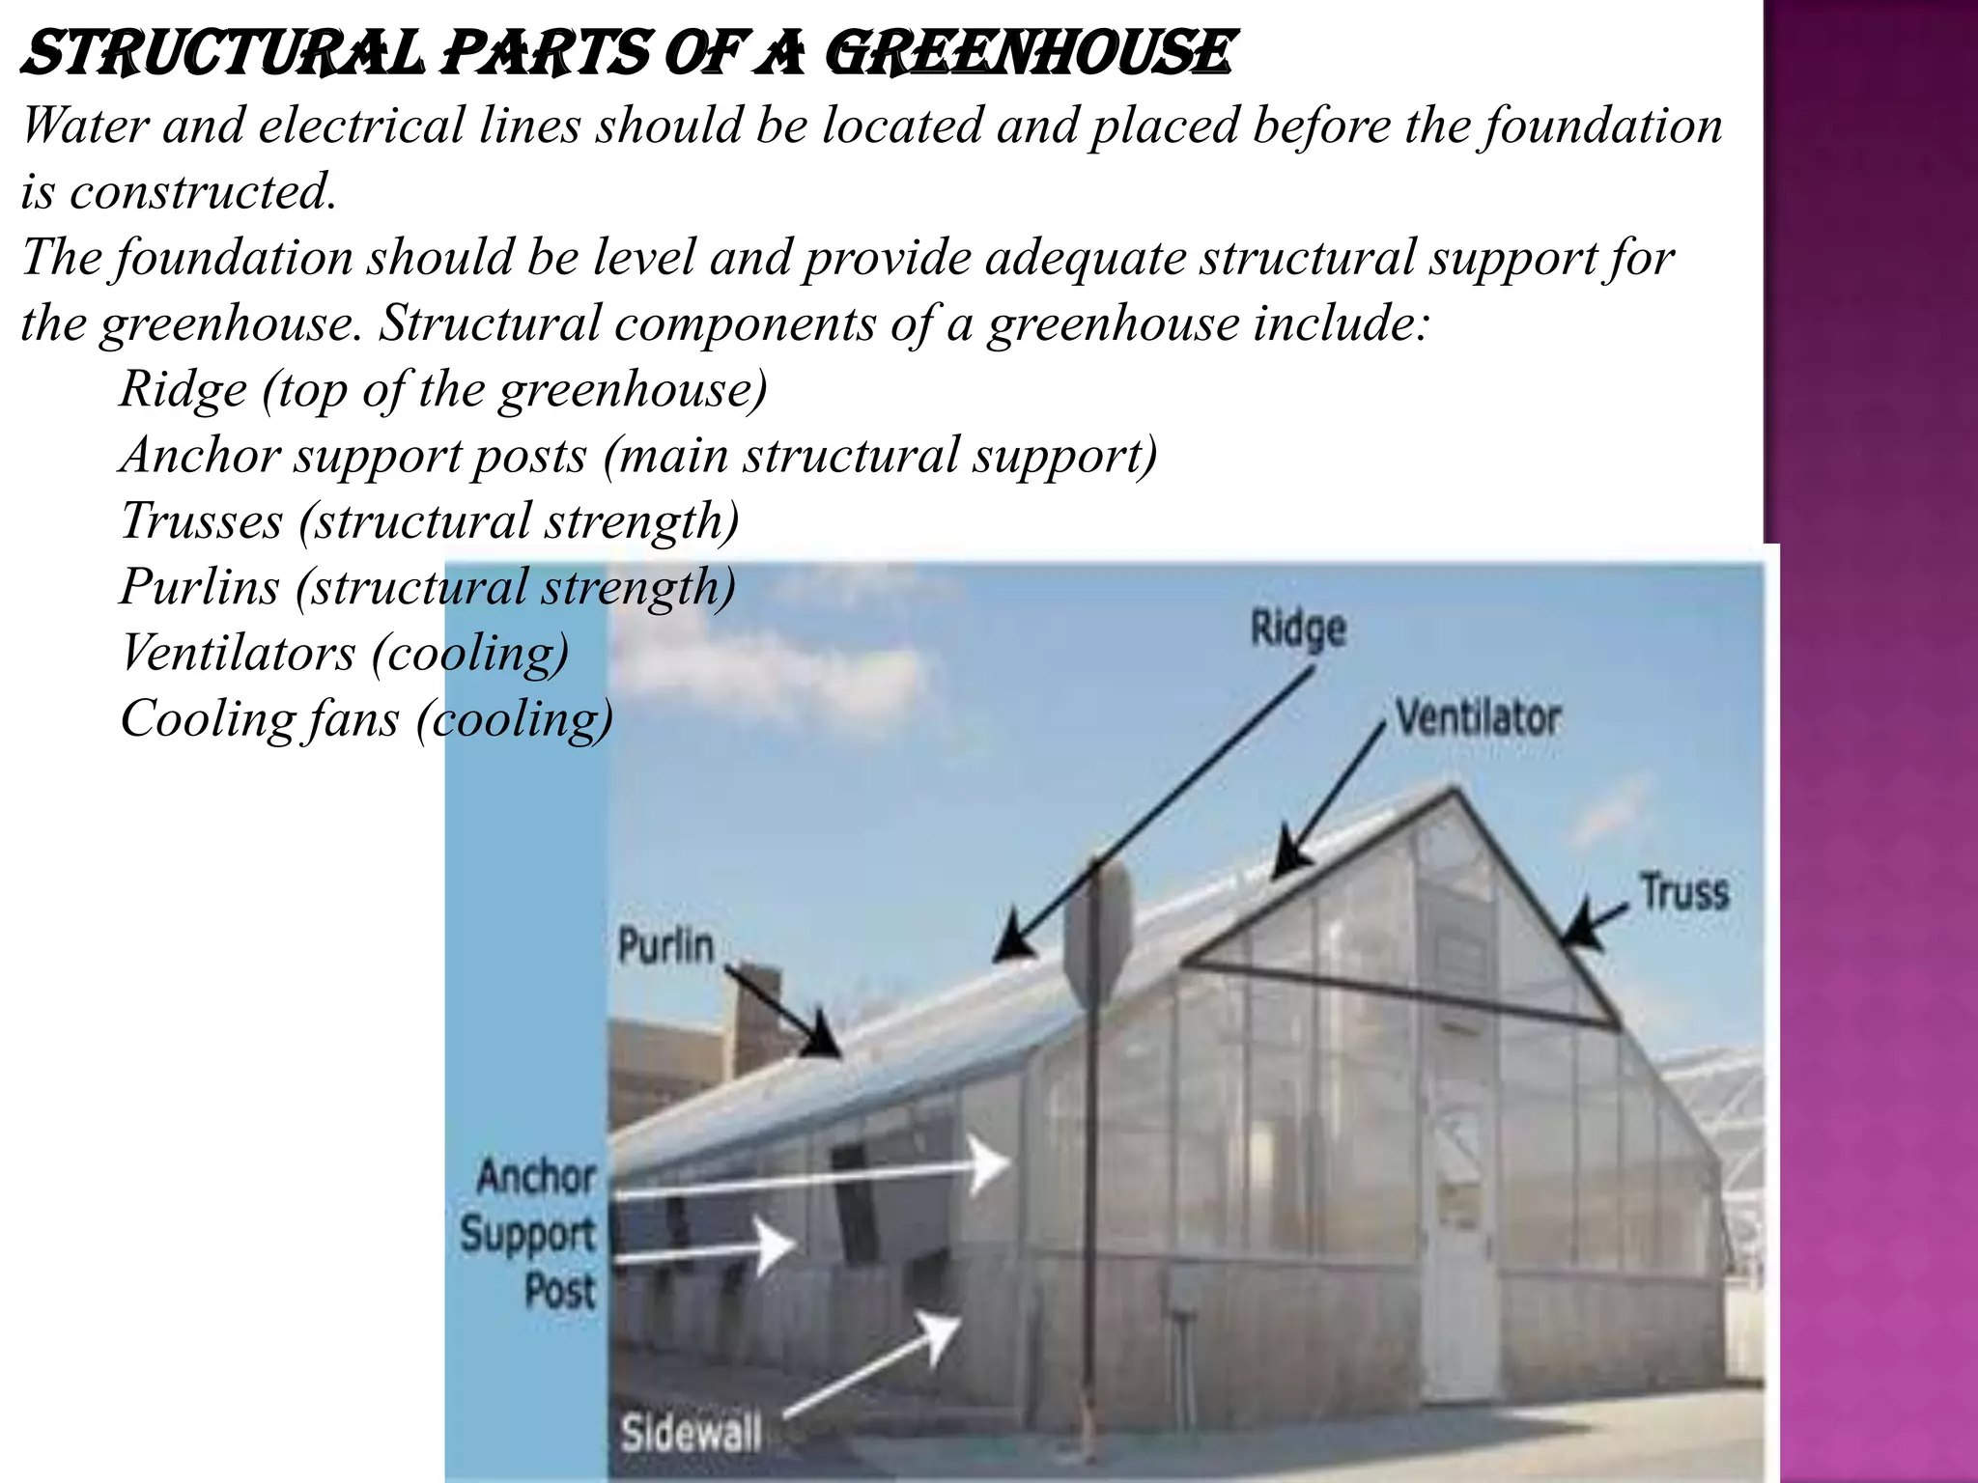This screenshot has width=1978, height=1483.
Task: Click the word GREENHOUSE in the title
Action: (1030, 54)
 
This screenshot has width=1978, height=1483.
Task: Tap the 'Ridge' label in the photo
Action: (1297, 630)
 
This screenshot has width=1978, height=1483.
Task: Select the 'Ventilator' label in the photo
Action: (1478, 718)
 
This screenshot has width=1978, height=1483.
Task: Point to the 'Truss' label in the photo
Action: (1684, 891)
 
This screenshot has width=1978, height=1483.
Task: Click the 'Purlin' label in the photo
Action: (665, 945)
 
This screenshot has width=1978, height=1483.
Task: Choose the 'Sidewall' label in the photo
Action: (691, 1433)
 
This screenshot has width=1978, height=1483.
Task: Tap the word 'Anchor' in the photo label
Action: (537, 1177)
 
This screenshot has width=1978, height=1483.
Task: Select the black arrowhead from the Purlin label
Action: (824, 1038)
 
